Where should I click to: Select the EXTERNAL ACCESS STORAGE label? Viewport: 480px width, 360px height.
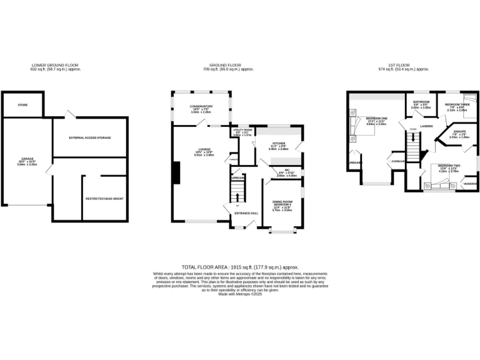[90, 137]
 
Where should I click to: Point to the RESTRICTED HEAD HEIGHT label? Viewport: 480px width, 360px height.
[105, 199]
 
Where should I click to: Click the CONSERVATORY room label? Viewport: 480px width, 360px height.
[201, 106]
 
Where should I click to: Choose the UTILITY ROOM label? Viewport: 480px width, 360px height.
[242, 131]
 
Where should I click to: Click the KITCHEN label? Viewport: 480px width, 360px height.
[278, 142]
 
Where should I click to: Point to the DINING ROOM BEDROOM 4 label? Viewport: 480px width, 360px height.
[283, 202]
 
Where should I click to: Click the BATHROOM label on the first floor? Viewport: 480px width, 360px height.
[420, 101]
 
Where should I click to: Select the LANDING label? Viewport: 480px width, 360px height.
[426, 126]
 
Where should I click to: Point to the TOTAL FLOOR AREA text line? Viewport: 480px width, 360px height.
[240, 266]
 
